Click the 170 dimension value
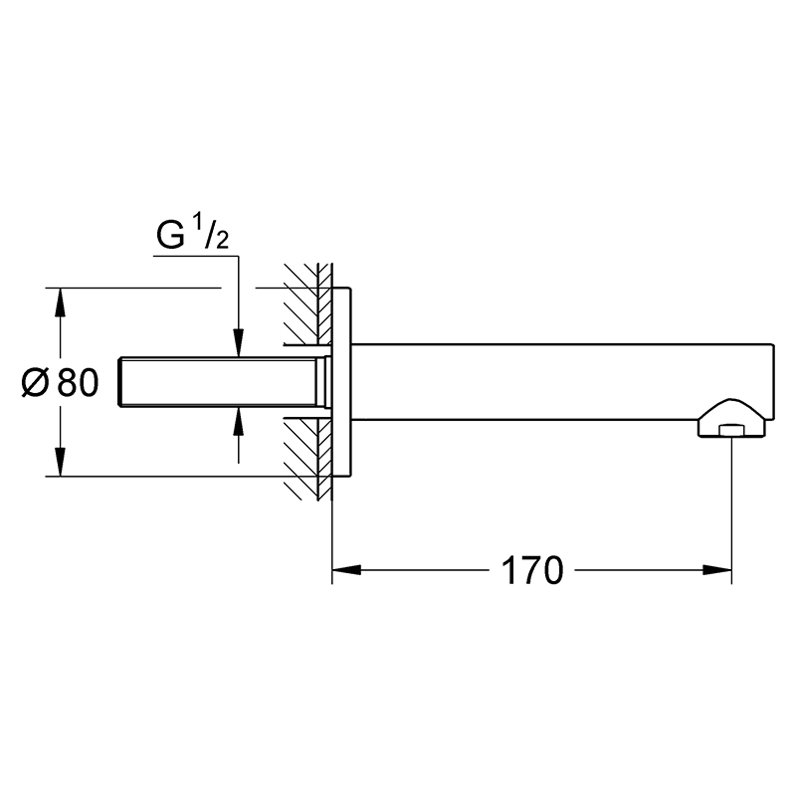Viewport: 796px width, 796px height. [531, 570]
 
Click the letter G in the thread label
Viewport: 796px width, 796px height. [170, 236]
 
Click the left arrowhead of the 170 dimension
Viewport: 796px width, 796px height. [346, 570]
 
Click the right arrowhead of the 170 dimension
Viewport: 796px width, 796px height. [717, 570]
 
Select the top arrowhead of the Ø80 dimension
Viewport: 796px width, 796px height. [61, 302]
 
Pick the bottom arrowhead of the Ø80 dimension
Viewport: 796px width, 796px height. [61, 462]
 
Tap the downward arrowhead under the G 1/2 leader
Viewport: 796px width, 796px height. [238, 343]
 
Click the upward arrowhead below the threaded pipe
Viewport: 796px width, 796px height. [238, 421]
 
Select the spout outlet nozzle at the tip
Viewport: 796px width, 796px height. [731, 418]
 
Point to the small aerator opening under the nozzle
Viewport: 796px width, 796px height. [731, 432]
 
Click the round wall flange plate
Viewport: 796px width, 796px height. [341, 382]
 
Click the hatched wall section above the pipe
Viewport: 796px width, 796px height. [308, 304]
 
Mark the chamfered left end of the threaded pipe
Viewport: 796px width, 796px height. [120, 382]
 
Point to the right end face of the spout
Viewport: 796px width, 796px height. [773, 382]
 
